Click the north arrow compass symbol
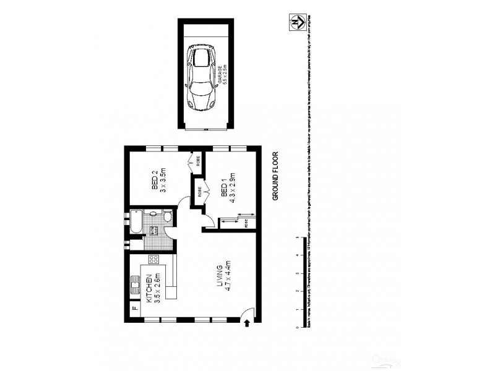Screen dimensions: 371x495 (297, 20)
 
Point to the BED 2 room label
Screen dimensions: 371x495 (159, 181)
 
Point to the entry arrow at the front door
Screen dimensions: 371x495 (248, 322)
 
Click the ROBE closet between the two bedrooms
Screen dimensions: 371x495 (200, 192)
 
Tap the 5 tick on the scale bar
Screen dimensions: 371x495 (298, 237)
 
